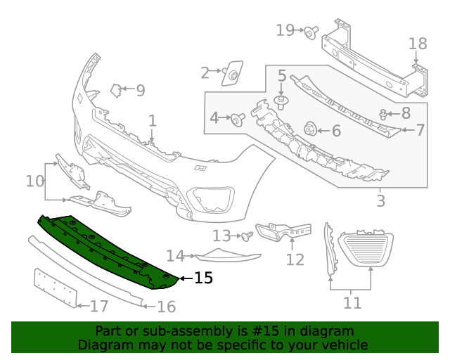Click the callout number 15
[202, 278]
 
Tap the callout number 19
[285, 30]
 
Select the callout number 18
[418, 44]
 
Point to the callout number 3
[380, 201]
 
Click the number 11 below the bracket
[352, 303]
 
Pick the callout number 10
[35, 181]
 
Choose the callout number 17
[99, 306]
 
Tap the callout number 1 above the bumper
[152, 122]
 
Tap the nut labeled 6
[309, 129]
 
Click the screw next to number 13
[247, 237]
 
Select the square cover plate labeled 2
[232, 72]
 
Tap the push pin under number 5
[281, 104]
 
